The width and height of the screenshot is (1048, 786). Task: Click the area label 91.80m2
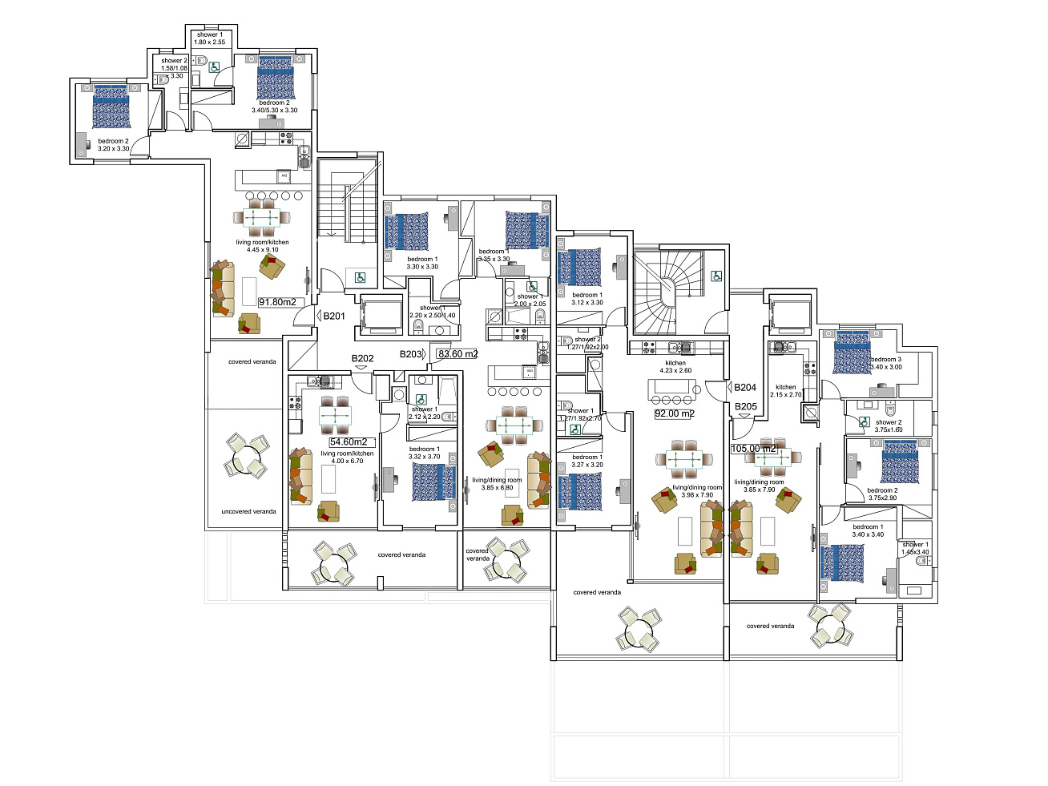[x=278, y=302]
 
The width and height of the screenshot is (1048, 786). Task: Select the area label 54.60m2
[x=349, y=441]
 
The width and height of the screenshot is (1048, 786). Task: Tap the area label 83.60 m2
[x=457, y=354]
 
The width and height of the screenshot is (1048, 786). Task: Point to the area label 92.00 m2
[x=675, y=413]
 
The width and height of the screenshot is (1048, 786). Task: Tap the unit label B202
[x=362, y=358]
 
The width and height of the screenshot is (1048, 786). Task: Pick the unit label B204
[x=745, y=387]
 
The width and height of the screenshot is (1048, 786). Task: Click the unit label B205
[x=746, y=406]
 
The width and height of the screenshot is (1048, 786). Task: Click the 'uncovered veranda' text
[x=248, y=511]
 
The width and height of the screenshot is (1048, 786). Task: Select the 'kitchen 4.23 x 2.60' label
[x=675, y=367]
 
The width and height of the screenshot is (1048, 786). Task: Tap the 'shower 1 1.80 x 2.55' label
[x=210, y=38]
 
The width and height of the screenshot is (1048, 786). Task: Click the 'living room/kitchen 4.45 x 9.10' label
[x=262, y=246]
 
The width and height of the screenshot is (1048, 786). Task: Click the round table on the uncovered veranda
[x=245, y=457]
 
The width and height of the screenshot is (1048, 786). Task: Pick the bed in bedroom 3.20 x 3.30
[x=111, y=107]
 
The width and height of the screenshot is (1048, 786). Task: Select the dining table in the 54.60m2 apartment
[x=335, y=416]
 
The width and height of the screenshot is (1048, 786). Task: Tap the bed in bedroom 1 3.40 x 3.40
[x=844, y=563]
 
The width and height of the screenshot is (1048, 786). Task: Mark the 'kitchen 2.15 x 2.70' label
[x=785, y=391]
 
